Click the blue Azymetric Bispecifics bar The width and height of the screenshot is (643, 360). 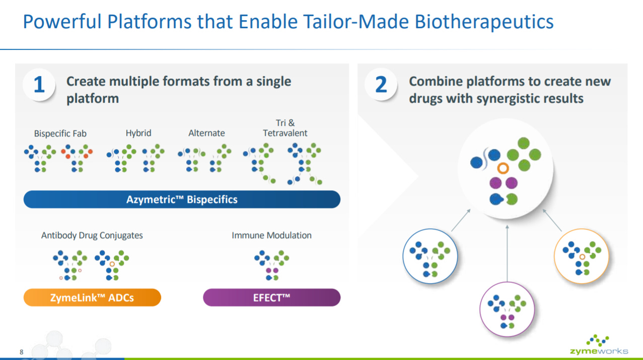pos(182,199)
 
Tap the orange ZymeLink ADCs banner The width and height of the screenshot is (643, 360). pos(92,298)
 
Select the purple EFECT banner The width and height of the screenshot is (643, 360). pos(271,298)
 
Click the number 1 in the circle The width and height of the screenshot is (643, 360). pos(39,85)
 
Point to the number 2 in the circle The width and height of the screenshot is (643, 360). pos(381,85)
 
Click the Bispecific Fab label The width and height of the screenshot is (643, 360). pos(60,133)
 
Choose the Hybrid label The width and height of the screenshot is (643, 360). pos(138,133)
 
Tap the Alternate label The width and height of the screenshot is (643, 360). pos(206,133)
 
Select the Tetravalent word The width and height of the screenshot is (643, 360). pos(285,133)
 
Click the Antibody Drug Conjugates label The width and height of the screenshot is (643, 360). pos(92,236)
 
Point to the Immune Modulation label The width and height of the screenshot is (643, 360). pos(271,236)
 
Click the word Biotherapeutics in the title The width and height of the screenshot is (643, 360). pos(484,22)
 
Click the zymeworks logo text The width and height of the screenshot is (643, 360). pos(599,351)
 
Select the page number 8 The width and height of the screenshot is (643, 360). pos(22,352)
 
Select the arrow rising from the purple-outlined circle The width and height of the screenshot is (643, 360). pos(507,253)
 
